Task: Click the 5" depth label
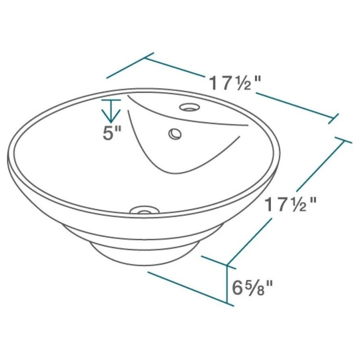coord(112,133)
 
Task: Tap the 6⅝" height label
coord(252,288)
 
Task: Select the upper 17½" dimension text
coord(235,83)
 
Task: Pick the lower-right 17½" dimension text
coord(291,205)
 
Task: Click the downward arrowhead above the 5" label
coord(111,116)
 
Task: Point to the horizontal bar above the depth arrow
coord(111,100)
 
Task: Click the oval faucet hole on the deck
coord(189,107)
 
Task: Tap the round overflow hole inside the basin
coord(175,134)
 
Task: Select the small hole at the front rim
coord(144,210)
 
